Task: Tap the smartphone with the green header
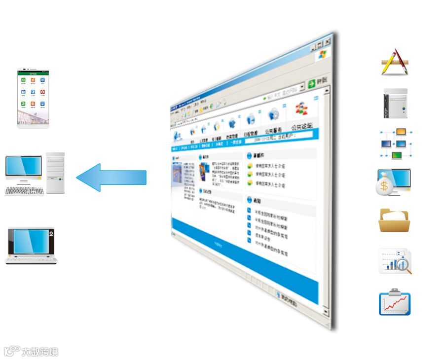(33, 99)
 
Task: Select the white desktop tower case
(55, 172)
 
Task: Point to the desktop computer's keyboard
(24, 190)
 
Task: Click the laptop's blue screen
(31, 241)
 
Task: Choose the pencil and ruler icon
(395, 62)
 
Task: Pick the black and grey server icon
(396, 104)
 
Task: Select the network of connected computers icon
(396, 144)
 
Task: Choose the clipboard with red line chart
(395, 302)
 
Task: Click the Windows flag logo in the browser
(324, 55)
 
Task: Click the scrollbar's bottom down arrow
(326, 312)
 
